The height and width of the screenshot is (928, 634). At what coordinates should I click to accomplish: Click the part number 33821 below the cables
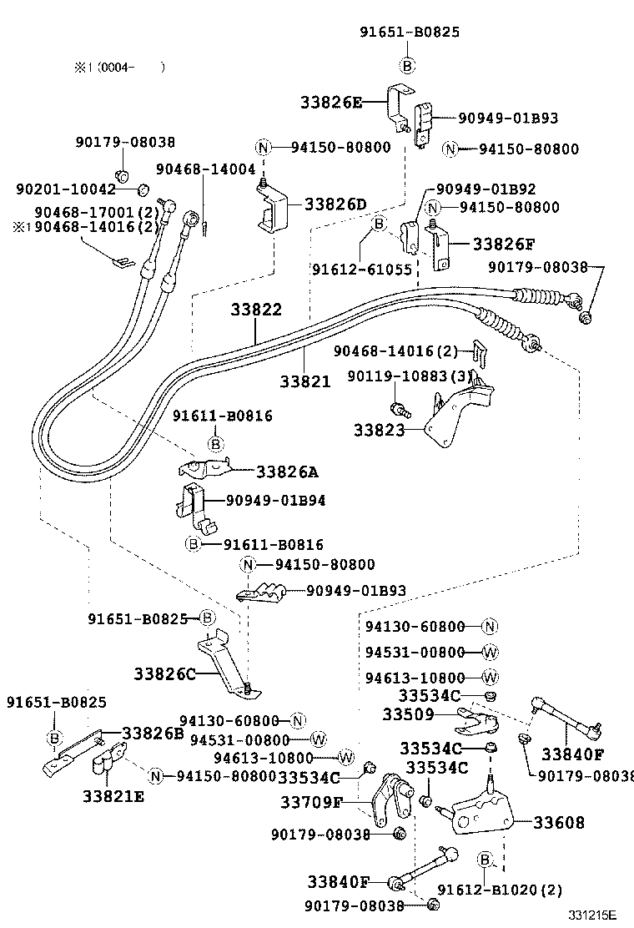pos(305,381)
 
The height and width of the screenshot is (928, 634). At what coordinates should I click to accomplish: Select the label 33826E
pos(331,103)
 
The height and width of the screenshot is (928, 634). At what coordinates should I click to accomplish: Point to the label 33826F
pos(504,245)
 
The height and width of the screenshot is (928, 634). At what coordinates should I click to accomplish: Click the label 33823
pos(379,431)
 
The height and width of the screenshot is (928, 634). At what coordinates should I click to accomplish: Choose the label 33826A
pos(287,472)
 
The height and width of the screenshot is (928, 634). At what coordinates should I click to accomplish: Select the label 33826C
pos(164,672)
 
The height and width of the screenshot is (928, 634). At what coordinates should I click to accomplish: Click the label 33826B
pos(153,733)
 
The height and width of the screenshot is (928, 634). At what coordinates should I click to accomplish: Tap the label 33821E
pos(113,796)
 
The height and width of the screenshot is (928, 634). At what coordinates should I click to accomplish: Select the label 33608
pos(559,823)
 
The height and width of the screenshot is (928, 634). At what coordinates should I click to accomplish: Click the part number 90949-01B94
pos(276,501)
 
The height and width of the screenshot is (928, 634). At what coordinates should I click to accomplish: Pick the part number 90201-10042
pos(66,189)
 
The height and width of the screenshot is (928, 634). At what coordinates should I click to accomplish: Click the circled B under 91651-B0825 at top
pos(408,65)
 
